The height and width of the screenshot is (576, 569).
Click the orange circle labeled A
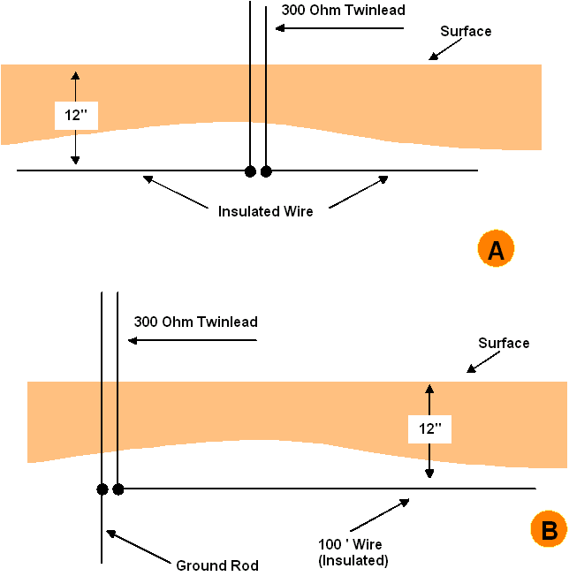pos(496,249)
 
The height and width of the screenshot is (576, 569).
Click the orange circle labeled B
pos(550,529)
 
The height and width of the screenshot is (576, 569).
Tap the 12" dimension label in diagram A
pos(76,116)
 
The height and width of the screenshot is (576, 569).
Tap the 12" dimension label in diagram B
pos(429,429)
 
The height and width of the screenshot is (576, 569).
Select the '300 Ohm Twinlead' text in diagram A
pos(344,11)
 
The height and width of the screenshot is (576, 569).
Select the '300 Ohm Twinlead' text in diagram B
pos(196,322)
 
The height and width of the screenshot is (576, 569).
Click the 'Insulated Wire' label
pos(266,212)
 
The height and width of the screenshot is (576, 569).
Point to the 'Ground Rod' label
pos(217,565)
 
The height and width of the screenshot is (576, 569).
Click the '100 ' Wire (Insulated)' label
pos(353,552)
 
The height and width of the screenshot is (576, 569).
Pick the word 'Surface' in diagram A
pos(466,31)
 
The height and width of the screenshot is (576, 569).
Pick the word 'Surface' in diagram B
pos(504,343)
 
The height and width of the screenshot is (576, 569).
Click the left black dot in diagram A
pos(250,171)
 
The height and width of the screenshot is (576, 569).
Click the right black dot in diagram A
pos(266,171)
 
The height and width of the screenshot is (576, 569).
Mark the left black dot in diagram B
pos(102,489)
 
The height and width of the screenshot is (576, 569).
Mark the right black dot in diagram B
pos(118,489)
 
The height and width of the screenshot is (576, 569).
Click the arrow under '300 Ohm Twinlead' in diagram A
pos(339,28)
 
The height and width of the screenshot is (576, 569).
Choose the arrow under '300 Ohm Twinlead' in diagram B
pos(192,340)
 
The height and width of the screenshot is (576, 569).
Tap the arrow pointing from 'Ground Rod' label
pos(139,546)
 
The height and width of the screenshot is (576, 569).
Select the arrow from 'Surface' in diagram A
pos(445,49)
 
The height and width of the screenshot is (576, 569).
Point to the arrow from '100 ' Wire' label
pos(380,515)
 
